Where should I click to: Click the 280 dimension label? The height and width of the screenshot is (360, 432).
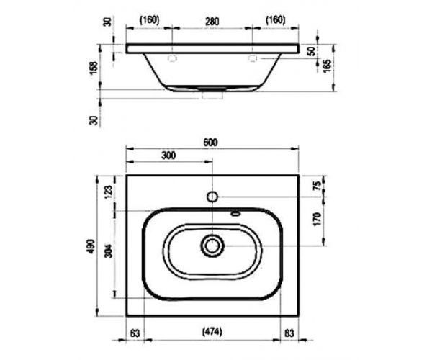coord(212,21)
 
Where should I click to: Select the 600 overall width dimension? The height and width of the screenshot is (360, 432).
coord(210,143)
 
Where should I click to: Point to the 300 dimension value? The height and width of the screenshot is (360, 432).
coord(168,156)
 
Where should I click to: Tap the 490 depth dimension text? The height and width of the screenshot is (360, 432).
coord(91,246)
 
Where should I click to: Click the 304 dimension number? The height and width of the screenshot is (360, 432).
coord(109,251)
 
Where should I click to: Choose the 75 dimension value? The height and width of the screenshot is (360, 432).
coord(318,186)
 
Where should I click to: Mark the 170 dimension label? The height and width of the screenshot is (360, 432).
coord(318,220)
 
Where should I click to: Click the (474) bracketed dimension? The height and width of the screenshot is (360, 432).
coord(212,332)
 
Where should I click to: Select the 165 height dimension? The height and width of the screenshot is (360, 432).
coord(327,66)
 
